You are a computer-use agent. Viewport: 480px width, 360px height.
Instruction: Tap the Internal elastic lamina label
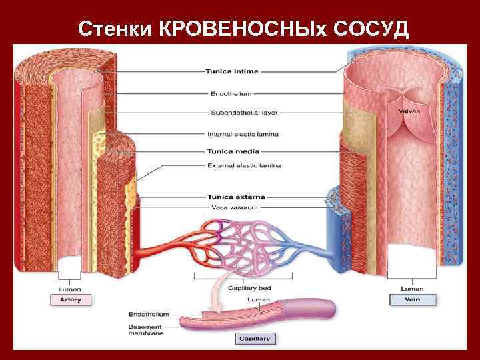pyautogui.click(x=243, y=134)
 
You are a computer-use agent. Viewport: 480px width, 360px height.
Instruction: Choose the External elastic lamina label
pyautogui.click(x=245, y=165)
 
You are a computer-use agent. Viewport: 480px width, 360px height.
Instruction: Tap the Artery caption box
pyautogui.click(x=69, y=300)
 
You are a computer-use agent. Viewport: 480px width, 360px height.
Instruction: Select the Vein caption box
pyautogui.click(x=411, y=300)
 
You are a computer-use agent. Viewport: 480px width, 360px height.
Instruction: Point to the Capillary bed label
pyautogui.click(x=249, y=288)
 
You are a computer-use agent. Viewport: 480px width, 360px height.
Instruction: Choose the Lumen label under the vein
pyautogui.click(x=411, y=289)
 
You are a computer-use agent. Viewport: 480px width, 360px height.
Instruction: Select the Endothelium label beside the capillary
pyautogui.click(x=149, y=314)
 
